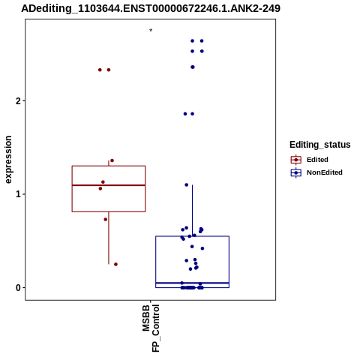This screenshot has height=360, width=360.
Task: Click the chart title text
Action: pyautogui.click(x=151, y=8)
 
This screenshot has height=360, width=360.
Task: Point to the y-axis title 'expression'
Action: pyautogui.click(x=8, y=160)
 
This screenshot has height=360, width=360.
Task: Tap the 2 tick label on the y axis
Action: pyautogui.click(x=17, y=101)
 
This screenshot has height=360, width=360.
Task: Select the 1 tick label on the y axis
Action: pyautogui.click(x=18, y=194)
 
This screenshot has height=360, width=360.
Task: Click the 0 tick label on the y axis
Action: pyautogui.click(x=18, y=288)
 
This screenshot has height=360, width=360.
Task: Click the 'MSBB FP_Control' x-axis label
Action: pyautogui.click(x=151, y=328)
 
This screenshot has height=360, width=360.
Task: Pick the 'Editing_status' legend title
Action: pyautogui.click(x=319, y=145)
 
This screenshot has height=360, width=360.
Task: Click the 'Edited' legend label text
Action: pyautogui.click(x=317, y=160)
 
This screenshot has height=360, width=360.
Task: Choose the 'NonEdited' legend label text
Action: pyautogui.click(x=325, y=172)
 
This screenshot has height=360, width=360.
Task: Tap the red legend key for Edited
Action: pyautogui.click(x=296, y=160)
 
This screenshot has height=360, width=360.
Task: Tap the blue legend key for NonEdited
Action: pyautogui.click(x=296, y=172)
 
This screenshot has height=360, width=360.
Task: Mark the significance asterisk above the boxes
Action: pyautogui.click(x=151, y=31)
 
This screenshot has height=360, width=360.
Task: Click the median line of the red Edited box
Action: pyautogui.click(x=109, y=185)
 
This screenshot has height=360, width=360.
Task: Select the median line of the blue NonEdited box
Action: pyautogui.click(x=192, y=283)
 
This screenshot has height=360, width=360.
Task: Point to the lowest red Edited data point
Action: pyautogui.click(x=115, y=264)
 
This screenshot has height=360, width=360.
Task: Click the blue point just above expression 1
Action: pyautogui.click(x=187, y=185)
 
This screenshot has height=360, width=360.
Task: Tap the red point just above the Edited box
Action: pyautogui.click(x=112, y=160)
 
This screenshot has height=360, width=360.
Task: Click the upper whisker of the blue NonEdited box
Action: pyautogui.click(x=192, y=211)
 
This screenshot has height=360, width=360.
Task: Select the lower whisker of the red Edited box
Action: pyautogui.click(x=109, y=238)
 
